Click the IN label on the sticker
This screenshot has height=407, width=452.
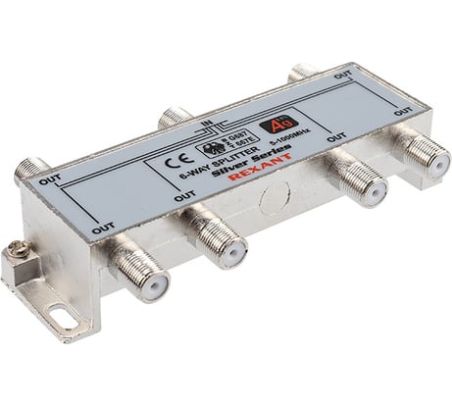click(x=207, y=123)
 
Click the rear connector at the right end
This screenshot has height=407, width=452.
click(x=302, y=72)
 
